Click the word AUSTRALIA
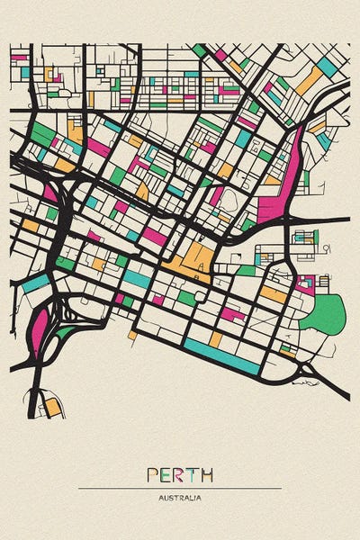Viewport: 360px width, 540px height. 180,498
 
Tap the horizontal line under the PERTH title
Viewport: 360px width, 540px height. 180,488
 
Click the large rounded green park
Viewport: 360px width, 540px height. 323,314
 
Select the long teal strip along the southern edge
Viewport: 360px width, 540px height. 220,355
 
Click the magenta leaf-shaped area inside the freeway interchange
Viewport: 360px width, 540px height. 39,328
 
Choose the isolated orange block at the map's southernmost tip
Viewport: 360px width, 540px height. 53,407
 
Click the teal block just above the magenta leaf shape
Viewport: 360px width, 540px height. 36,283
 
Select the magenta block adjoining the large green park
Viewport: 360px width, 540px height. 306,284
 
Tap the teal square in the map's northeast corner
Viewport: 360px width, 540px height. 328,66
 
